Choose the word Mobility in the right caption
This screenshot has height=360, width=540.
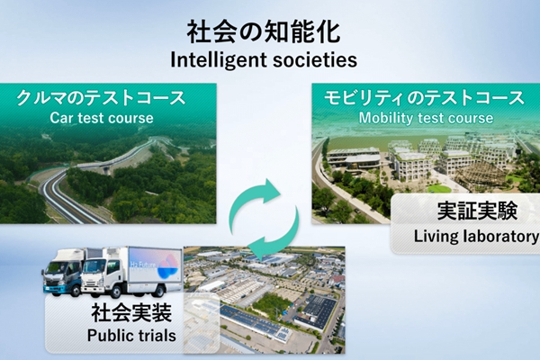coord(388,118)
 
